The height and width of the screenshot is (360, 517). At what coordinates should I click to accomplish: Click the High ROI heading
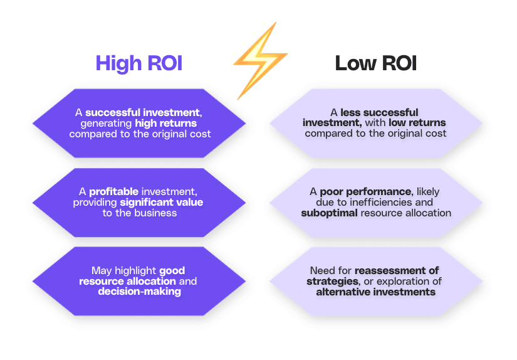tap(138, 63)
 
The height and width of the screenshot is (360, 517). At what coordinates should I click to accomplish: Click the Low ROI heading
tap(375, 63)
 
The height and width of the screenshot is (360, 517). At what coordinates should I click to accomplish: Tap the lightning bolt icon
tap(259, 60)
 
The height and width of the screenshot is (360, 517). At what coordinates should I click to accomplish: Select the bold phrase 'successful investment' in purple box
tap(144, 113)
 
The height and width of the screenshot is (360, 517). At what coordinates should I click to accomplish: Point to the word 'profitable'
tap(112, 192)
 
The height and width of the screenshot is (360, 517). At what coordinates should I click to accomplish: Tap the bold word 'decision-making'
tap(139, 292)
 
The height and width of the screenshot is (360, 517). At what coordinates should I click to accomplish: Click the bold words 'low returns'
tap(417, 124)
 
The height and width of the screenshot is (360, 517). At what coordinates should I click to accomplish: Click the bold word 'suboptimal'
tap(329, 213)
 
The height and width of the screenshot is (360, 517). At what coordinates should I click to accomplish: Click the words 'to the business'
tap(139, 213)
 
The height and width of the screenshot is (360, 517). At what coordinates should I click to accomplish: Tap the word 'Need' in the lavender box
tap(322, 271)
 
